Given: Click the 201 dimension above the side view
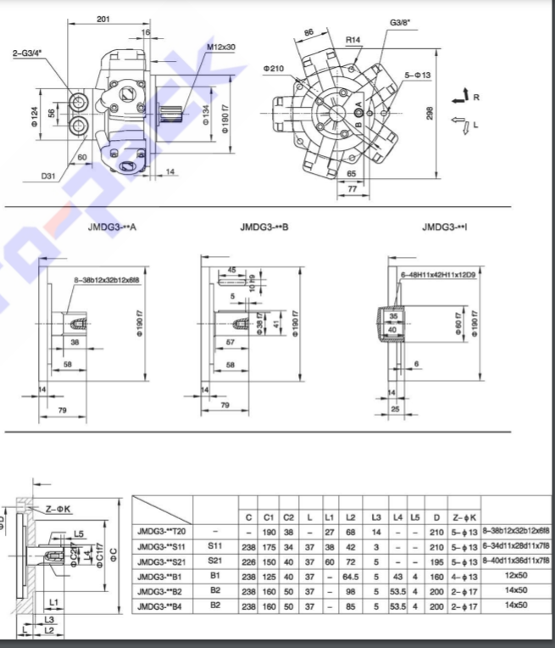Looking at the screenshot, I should point(103,19).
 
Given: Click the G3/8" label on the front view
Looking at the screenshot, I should point(401,23).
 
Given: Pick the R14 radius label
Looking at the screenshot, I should point(352,40).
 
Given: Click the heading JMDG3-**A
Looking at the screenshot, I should point(112,227).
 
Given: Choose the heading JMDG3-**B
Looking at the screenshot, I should point(264,227).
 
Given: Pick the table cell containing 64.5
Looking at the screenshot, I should point(351,576).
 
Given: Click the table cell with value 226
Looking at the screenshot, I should point(248,561).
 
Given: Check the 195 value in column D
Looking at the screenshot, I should point(437,561).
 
